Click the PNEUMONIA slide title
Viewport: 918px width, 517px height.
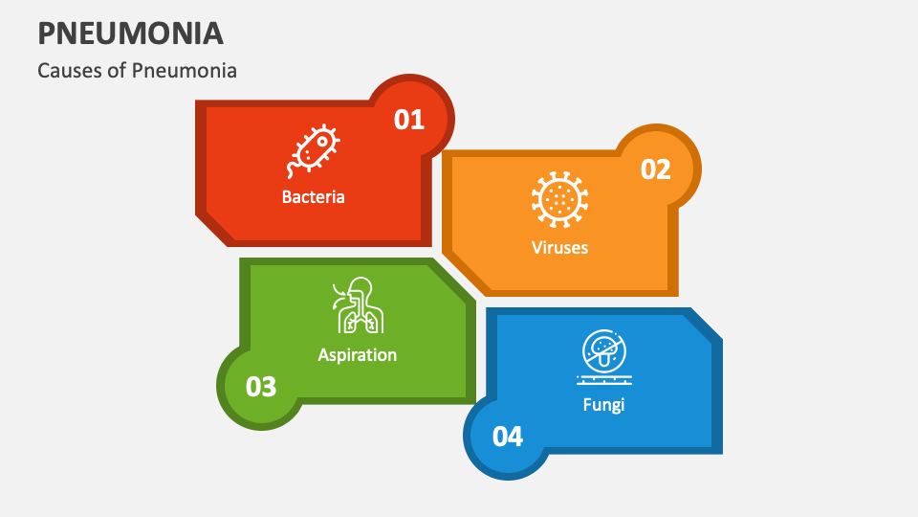(x=131, y=33)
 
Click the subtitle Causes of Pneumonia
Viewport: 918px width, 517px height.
(x=137, y=71)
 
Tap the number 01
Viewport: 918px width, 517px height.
(x=409, y=120)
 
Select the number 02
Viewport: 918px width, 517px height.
(x=656, y=169)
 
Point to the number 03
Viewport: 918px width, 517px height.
(x=261, y=387)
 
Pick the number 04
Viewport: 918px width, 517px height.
(x=508, y=437)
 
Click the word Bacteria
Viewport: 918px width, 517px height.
(x=313, y=197)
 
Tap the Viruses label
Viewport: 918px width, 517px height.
(x=559, y=247)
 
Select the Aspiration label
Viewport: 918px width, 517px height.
(x=357, y=354)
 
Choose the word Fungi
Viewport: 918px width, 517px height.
(x=603, y=404)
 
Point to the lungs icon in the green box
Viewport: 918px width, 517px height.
(x=357, y=306)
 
